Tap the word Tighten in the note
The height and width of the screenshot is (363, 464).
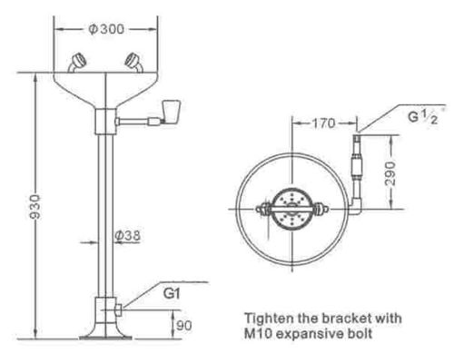click(271, 318)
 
